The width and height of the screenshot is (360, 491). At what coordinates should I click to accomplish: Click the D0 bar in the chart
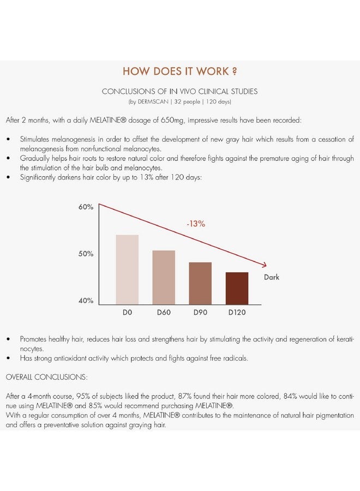[127, 270]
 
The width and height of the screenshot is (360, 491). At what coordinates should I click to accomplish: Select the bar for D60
[164, 277]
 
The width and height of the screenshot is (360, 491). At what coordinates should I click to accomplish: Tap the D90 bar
[200, 283]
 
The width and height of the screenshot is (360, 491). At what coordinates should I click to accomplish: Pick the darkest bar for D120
[237, 288]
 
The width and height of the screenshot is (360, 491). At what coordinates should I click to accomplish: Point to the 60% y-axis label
[86, 207]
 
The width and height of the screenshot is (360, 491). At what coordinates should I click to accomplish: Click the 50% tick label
[86, 254]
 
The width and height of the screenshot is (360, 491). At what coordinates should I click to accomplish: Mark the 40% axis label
[86, 301]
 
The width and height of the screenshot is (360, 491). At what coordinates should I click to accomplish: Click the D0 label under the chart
[127, 313]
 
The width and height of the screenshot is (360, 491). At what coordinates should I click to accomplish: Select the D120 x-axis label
[237, 313]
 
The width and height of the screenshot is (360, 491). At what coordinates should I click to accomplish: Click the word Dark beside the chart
[272, 277]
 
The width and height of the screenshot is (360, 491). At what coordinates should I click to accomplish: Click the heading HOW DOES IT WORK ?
[179, 72]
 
